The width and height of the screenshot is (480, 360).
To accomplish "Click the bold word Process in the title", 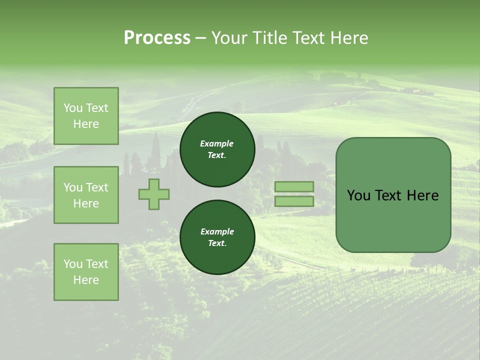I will click(157, 37).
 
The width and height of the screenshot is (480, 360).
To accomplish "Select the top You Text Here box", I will click(86, 116).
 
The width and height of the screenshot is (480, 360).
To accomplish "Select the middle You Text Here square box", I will click(86, 195).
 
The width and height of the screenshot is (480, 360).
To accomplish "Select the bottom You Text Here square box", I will click(86, 272).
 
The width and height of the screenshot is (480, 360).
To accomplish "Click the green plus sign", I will click(154, 194).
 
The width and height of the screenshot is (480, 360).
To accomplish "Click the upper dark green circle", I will click(217, 149).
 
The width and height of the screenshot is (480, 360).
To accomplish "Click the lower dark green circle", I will click(217, 237).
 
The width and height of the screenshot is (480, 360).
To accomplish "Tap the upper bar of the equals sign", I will click(294, 186).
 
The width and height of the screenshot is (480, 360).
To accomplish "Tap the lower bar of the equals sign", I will click(294, 201).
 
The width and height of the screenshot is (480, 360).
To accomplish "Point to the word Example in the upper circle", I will click(217, 143).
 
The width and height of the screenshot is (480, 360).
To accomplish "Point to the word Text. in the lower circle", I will click(217, 243).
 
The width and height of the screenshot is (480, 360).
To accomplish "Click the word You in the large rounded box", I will click(358, 195).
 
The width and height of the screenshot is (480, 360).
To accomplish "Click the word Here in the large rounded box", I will click(422, 195).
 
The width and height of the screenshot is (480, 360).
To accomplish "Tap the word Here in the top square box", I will click(86, 124).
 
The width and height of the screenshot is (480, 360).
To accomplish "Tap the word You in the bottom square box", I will click(73, 264).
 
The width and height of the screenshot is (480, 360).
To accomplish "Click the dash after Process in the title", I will click(201, 38).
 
